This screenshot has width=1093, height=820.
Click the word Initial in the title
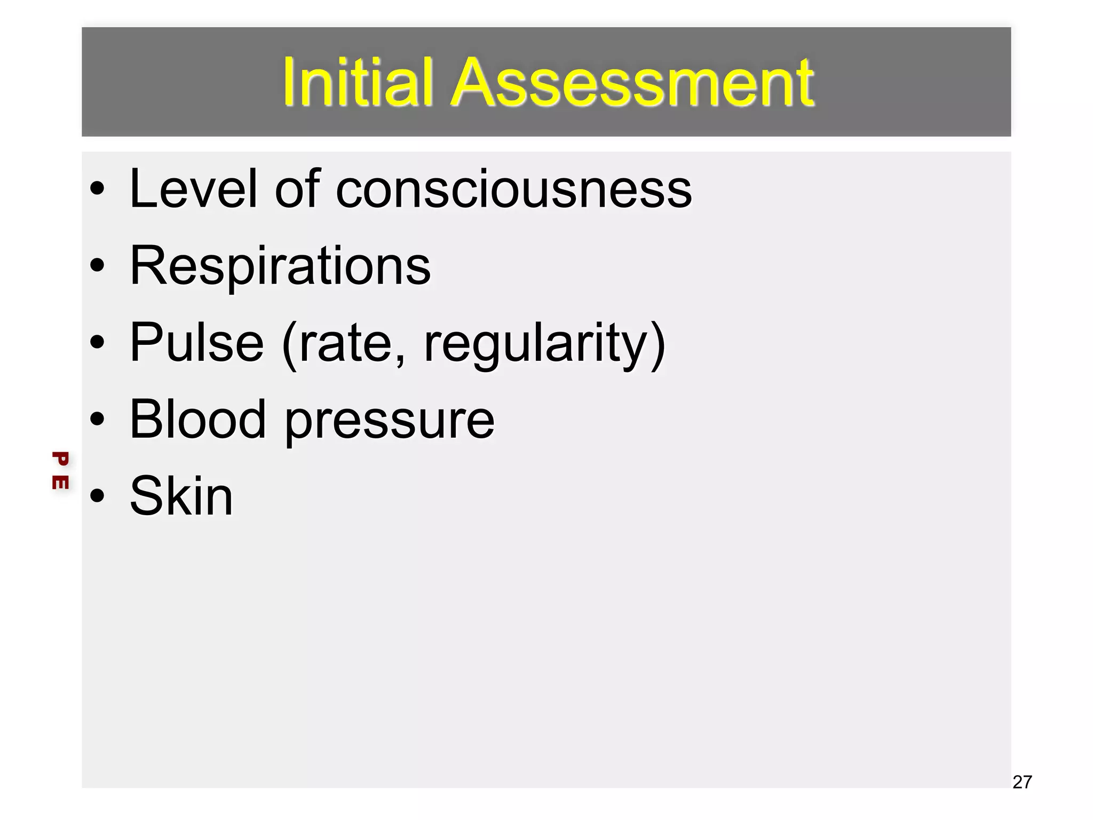tap(357, 83)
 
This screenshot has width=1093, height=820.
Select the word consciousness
tap(513, 190)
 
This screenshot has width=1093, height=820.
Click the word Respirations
tap(280, 266)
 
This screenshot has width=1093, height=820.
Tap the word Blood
tap(197, 420)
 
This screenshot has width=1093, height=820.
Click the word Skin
tap(181, 496)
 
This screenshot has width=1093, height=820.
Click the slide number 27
tap(1022, 782)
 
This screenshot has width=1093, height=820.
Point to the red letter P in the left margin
tap(60, 459)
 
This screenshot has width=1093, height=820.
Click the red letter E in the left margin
tap(60, 482)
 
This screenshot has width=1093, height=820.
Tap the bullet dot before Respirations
tap(97, 265)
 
